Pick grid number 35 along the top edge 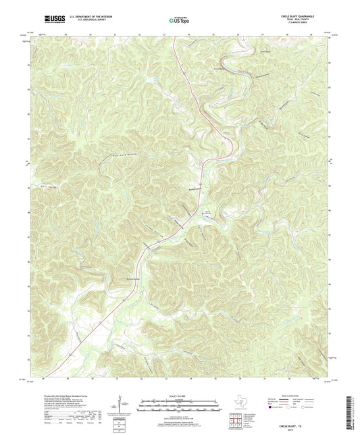(x=213, y=34)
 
